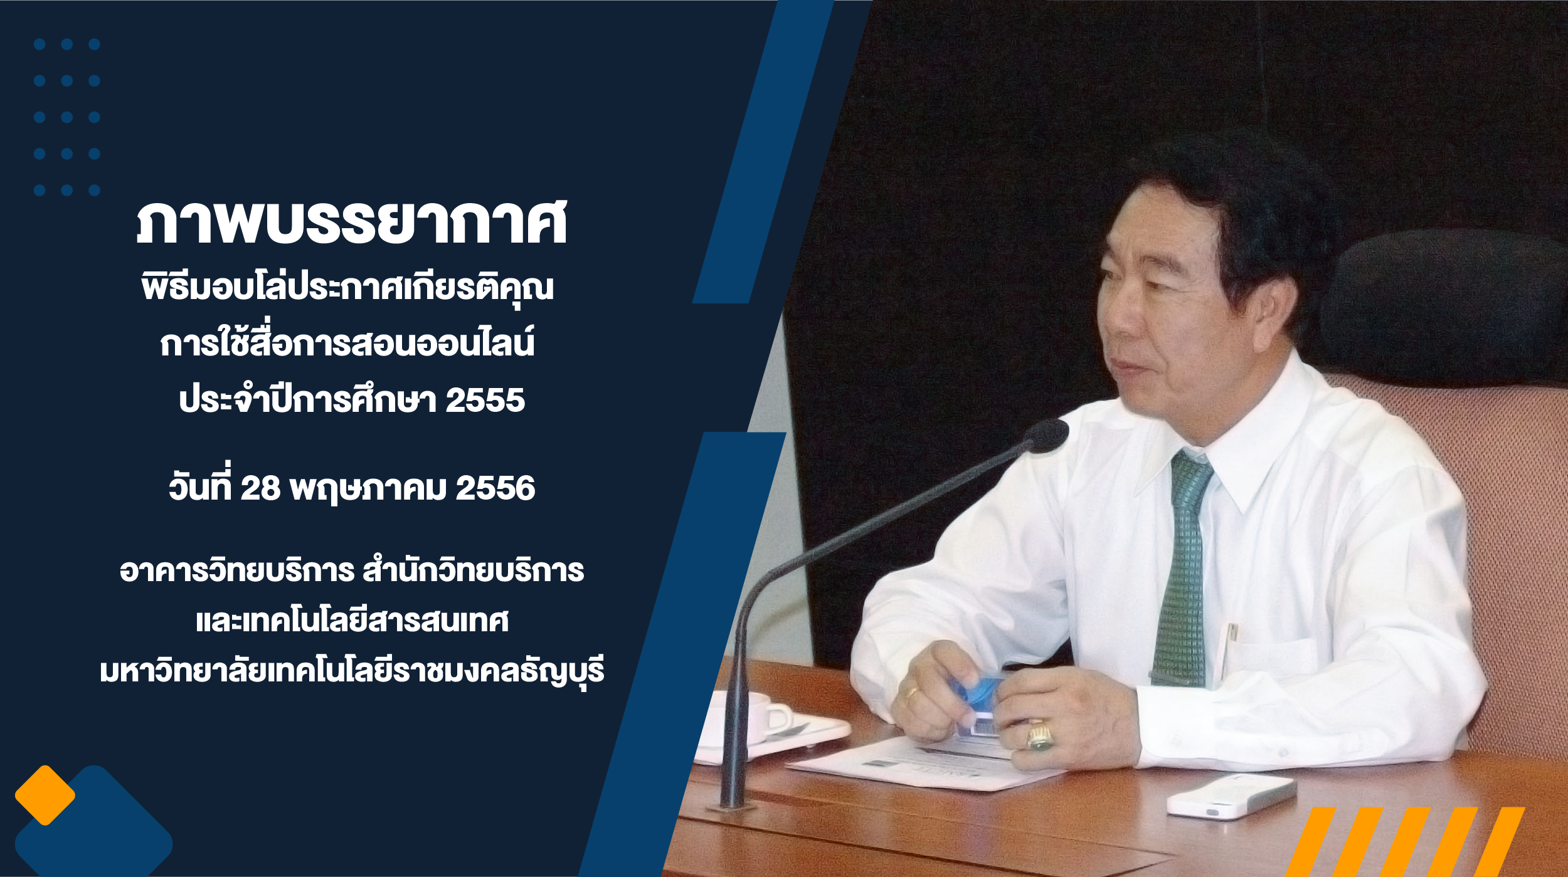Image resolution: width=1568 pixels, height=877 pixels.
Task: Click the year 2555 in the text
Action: click(485, 400)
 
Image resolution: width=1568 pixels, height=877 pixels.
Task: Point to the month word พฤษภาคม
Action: click(368, 489)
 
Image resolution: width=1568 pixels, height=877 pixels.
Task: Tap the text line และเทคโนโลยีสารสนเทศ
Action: click(352, 621)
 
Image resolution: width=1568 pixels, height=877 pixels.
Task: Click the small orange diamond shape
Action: click(45, 795)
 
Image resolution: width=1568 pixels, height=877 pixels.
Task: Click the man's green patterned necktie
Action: click(1182, 567)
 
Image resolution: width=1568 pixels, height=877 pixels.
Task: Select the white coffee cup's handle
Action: click(780, 718)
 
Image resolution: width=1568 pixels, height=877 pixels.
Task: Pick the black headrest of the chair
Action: click(1443, 307)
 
